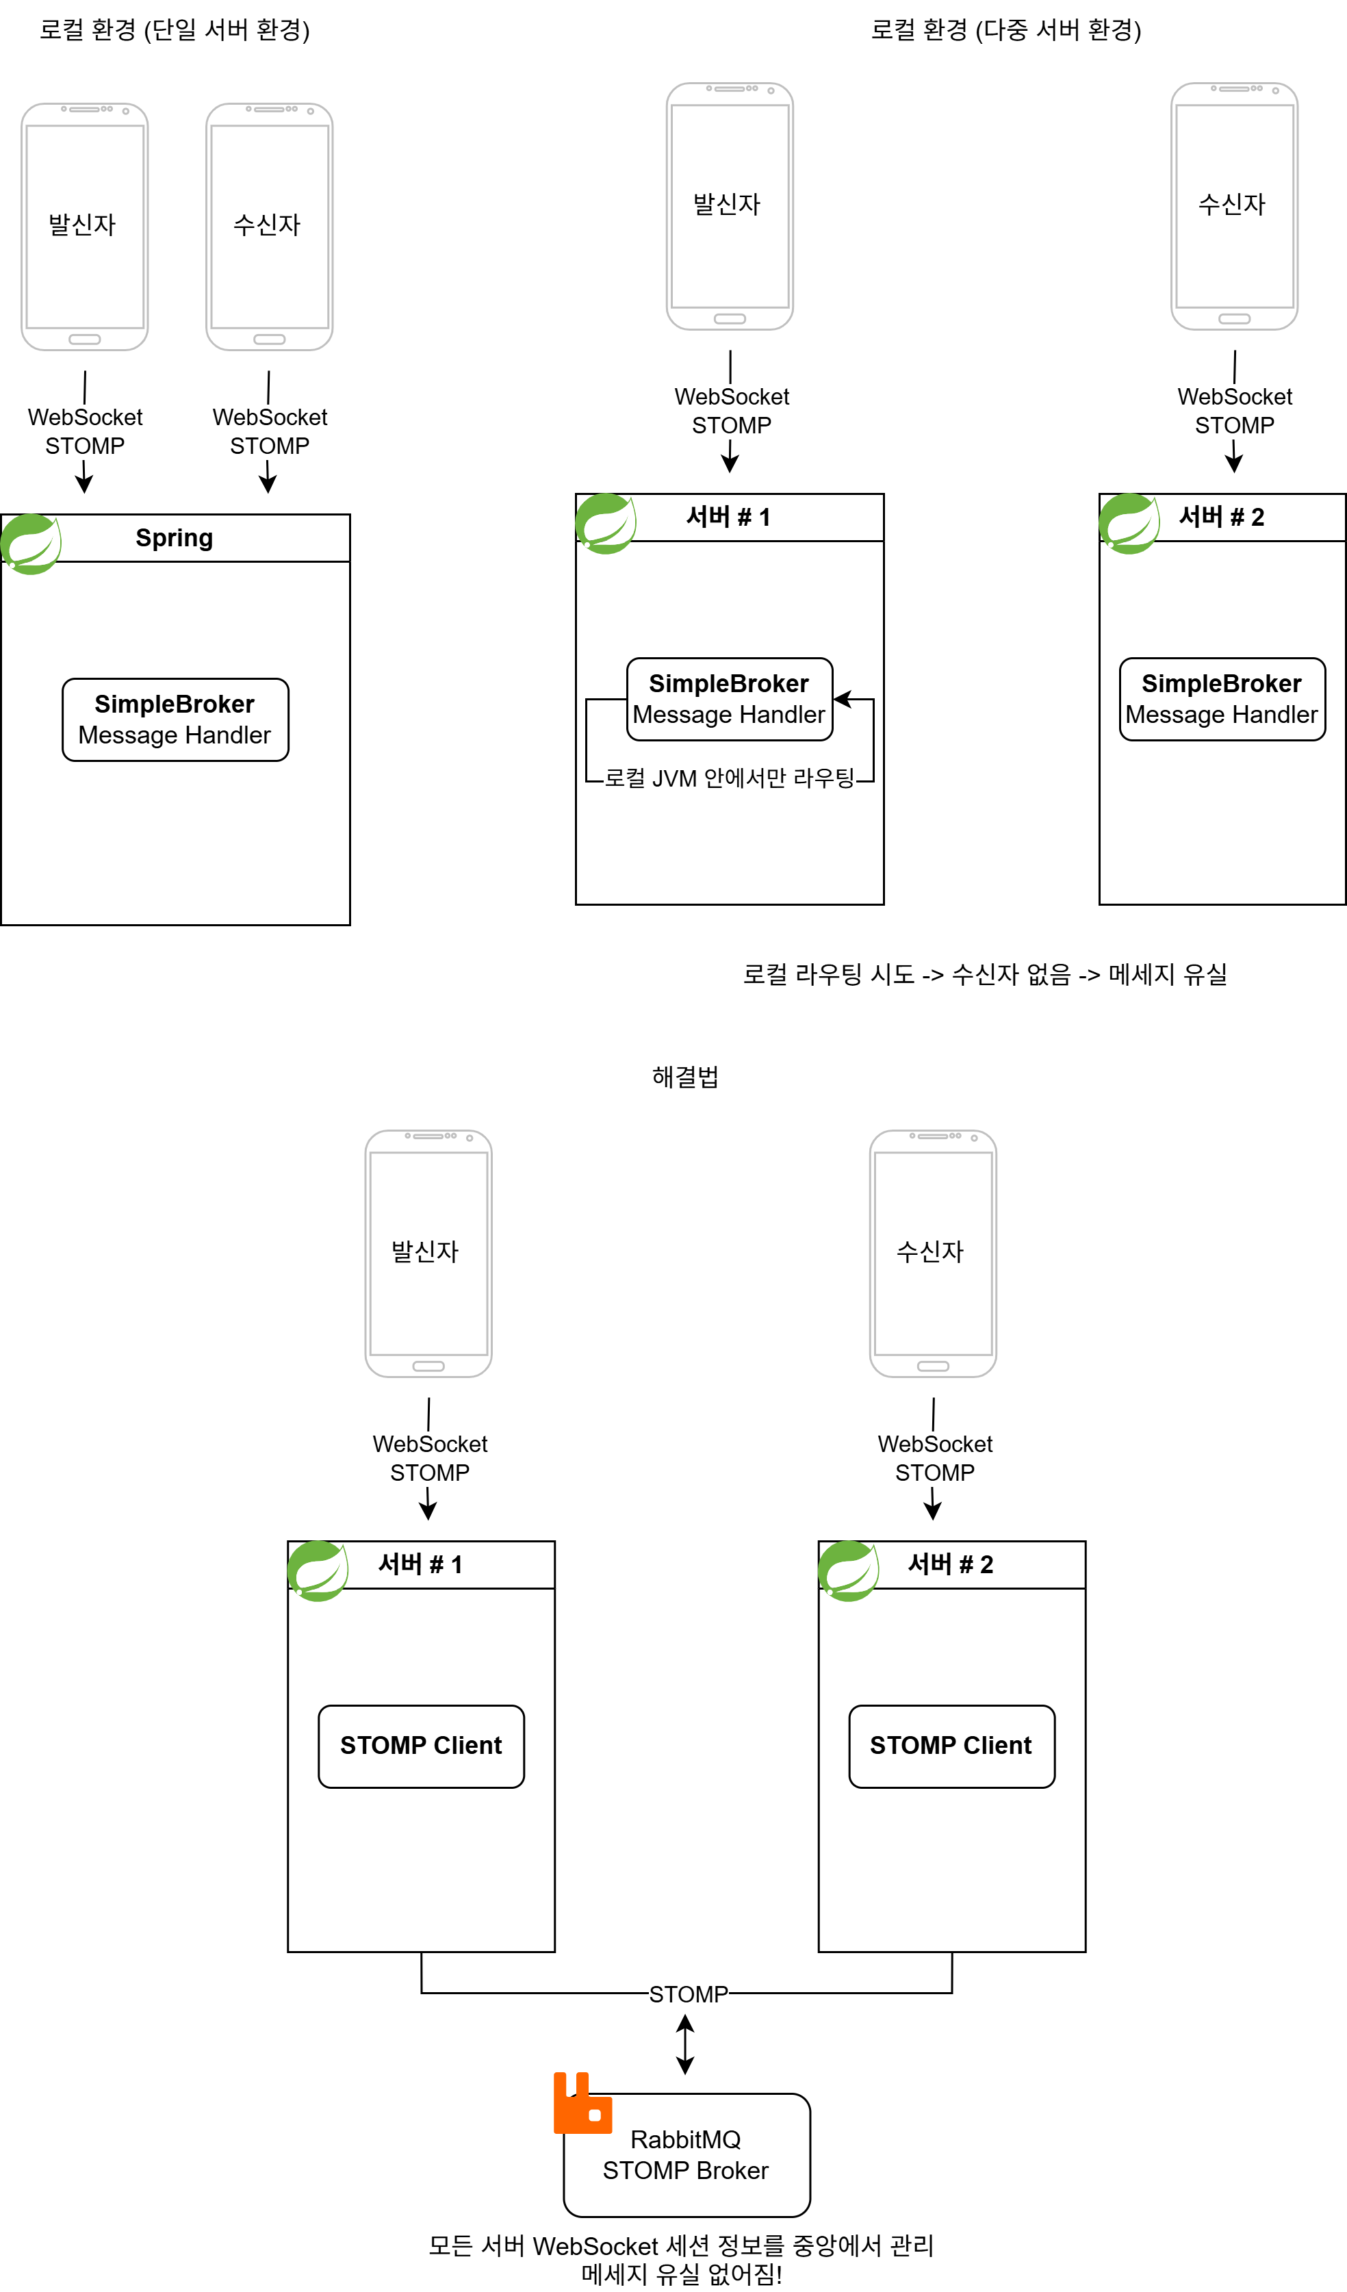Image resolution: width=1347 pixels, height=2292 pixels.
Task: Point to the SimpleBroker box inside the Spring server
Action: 175,720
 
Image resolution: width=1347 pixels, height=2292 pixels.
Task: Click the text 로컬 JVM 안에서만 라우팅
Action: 730,778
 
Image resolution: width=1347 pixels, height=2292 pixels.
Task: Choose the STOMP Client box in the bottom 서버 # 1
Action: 421,1746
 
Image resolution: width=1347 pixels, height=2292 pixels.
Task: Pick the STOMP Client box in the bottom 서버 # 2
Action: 951,1746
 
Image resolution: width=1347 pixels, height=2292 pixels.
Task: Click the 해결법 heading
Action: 685,1077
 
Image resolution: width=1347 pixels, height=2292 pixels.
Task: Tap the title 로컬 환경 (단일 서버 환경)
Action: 175,30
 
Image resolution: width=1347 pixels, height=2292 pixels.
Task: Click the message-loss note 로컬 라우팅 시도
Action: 985,974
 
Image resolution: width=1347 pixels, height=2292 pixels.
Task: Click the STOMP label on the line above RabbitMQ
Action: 688,1995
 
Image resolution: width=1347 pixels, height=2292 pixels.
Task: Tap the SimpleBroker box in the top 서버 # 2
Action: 1222,698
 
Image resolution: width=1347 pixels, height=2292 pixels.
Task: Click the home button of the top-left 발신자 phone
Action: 85,340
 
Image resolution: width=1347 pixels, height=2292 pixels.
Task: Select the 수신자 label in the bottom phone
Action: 929,1251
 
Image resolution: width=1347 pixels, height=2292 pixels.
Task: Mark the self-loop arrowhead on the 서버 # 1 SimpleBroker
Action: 841,698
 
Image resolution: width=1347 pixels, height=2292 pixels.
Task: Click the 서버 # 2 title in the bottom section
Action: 951,1564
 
